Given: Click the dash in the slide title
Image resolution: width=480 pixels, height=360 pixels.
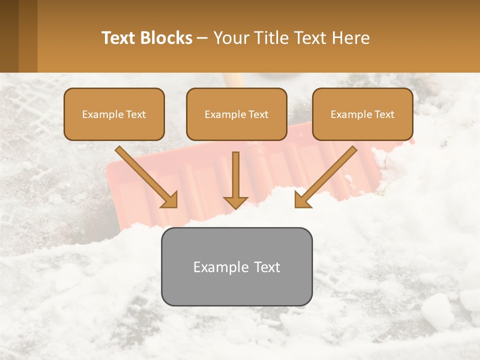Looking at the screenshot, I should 202,38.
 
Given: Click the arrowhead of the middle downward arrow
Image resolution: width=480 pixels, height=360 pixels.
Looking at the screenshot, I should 235,202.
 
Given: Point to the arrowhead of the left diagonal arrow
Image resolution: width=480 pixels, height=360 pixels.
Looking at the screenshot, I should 170,199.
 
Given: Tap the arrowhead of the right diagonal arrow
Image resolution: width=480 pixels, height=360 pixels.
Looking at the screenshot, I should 302,199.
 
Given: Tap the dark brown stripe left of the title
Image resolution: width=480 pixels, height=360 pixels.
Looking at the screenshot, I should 9,36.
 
